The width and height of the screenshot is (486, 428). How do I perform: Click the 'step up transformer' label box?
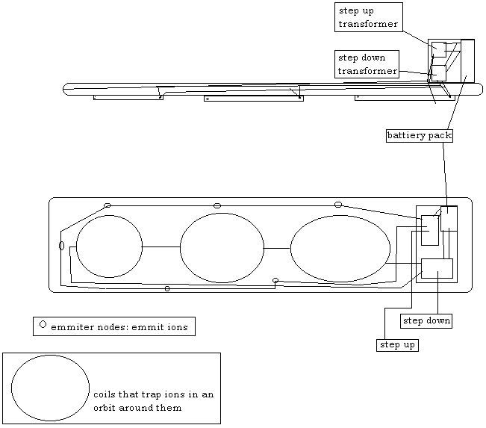pos(368,16)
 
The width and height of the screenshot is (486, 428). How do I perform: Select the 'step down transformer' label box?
pos(367,64)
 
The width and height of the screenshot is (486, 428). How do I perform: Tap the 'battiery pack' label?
pos(419,136)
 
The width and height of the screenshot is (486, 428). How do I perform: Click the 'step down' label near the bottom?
pos(426,321)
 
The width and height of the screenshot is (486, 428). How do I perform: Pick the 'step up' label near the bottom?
pos(397,345)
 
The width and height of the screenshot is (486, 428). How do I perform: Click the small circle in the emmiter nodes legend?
pos(43,324)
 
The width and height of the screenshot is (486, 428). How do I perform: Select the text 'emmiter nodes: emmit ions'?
pos(119,327)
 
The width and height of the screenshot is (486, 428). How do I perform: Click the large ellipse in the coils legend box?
pos(50,388)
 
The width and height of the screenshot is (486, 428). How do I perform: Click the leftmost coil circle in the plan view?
pos(109,246)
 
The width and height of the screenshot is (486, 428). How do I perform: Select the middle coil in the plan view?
pos(222,247)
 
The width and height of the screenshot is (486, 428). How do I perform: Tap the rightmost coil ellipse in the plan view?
pos(340,249)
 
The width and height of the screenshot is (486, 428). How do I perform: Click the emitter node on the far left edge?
pos(62,246)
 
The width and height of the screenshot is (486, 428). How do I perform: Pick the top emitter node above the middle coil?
pos(217,205)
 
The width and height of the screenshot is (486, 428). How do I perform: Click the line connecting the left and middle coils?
pos(161,246)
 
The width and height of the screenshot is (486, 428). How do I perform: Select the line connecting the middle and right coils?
pos(276,248)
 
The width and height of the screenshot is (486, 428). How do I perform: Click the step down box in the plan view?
pos(437,268)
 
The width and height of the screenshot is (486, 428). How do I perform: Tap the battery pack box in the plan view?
pos(449,218)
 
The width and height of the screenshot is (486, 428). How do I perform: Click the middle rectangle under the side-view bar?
pos(254,98)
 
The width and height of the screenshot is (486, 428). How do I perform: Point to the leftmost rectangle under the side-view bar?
pos(128,97)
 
